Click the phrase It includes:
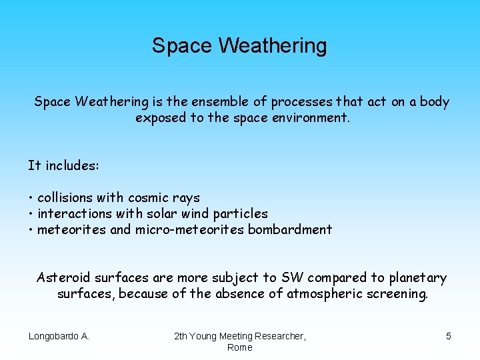pyautogui.click(x=63, y=165)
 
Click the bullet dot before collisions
pyautogui.click(x=31, y=199)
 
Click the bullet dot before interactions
pyautogui.click(x=31, y=215)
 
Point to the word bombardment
pyautogui.click(x=290, y=230)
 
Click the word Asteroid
pyautogui.click(x=63, y=277)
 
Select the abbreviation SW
pyautogui.click(x=292, y=277)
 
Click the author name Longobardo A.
pyautogui.click(x=59, y=336)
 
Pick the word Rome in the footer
pyautogui.click(x=239, y=347)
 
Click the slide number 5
pyautogui.click(x=448, y=336)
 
